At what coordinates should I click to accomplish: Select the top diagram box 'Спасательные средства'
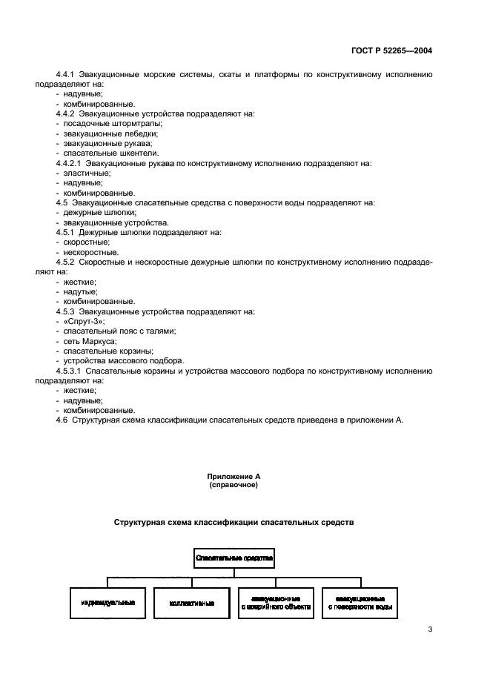pos(234,557)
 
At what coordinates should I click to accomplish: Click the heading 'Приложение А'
pos(234,476)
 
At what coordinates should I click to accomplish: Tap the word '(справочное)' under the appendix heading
pos(234,484)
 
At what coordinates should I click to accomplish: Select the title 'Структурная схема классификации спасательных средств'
pos(234,523)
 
